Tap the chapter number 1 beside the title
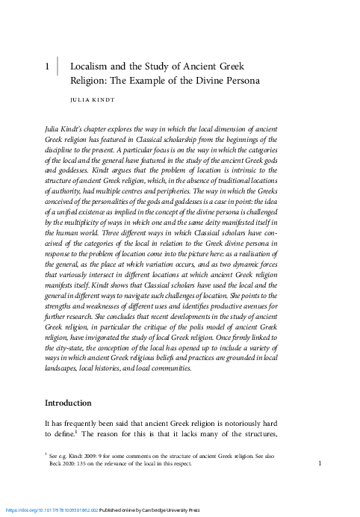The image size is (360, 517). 48,66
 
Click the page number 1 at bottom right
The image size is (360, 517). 320,464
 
